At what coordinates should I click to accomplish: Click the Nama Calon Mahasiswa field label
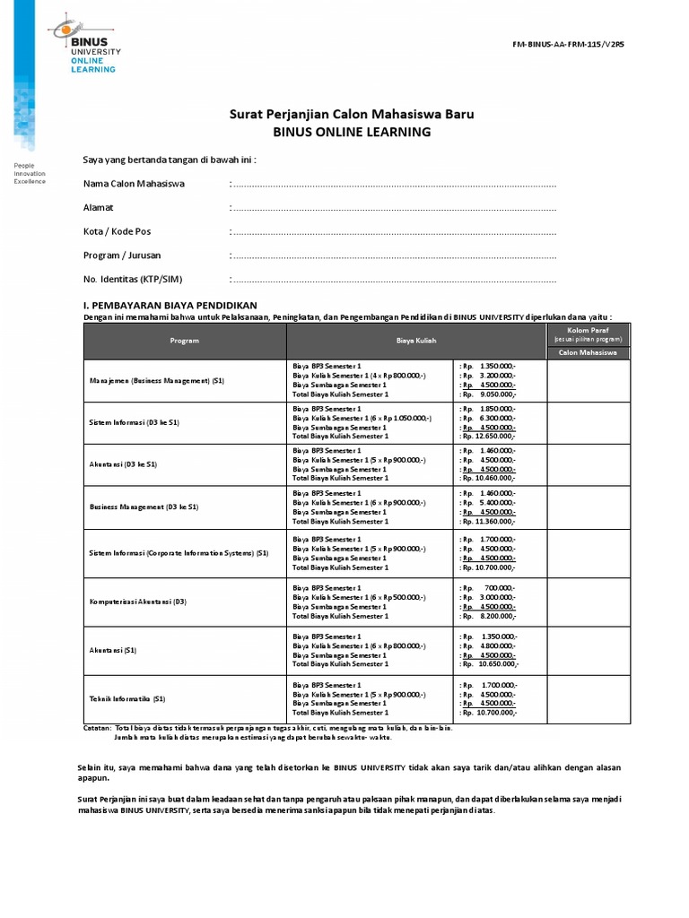point(134,184)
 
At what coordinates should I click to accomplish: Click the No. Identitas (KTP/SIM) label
point(138,279)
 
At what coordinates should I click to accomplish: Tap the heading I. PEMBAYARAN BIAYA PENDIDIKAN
point(170,306)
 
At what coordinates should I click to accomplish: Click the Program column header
point(185,341)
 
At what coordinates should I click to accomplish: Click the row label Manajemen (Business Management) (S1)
point(157,381)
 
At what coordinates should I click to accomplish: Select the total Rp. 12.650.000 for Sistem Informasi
point(489,437)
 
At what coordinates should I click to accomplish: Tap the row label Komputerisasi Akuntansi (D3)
point(137,601)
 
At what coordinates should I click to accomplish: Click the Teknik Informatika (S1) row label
point(127,697)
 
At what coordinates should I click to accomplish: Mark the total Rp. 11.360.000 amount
point(489,521)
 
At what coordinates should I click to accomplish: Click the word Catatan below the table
point(97,728)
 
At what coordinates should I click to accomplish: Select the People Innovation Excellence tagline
point(31,173)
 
